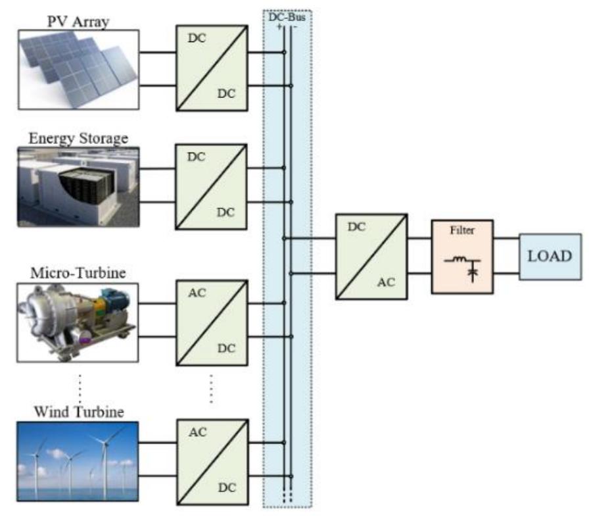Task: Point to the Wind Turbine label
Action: point(78,412)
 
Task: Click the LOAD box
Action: point(550,257)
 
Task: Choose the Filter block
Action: point(461,257)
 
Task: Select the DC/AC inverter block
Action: point(370,257)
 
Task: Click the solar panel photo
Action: point(78,69)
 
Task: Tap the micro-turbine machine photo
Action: point(78,322)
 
